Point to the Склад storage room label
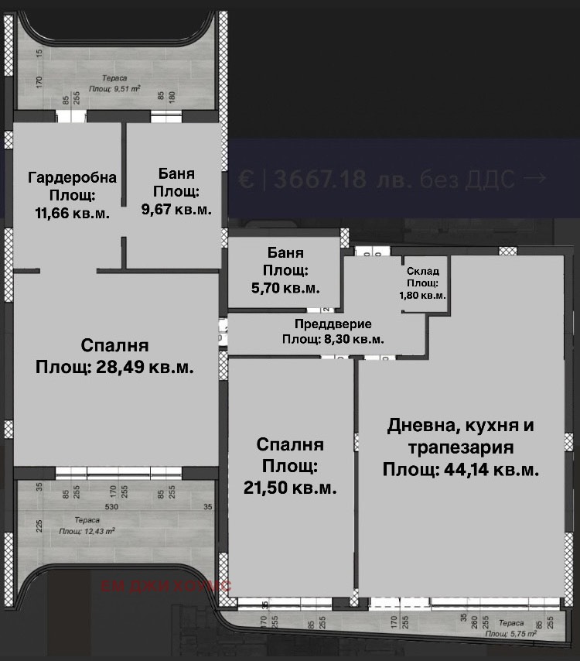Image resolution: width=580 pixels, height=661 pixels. [423, 271]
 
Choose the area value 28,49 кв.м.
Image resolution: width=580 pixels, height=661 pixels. [114, 367]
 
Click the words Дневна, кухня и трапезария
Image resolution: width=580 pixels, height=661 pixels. [461, 437]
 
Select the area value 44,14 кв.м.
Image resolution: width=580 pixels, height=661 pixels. [461, 469]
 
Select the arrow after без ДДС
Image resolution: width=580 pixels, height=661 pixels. [534, 180]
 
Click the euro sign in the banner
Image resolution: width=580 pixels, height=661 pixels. [246, 180]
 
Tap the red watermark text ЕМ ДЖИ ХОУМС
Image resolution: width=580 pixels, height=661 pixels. [166, 586]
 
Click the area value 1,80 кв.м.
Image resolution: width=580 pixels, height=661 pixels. [423, 295]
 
